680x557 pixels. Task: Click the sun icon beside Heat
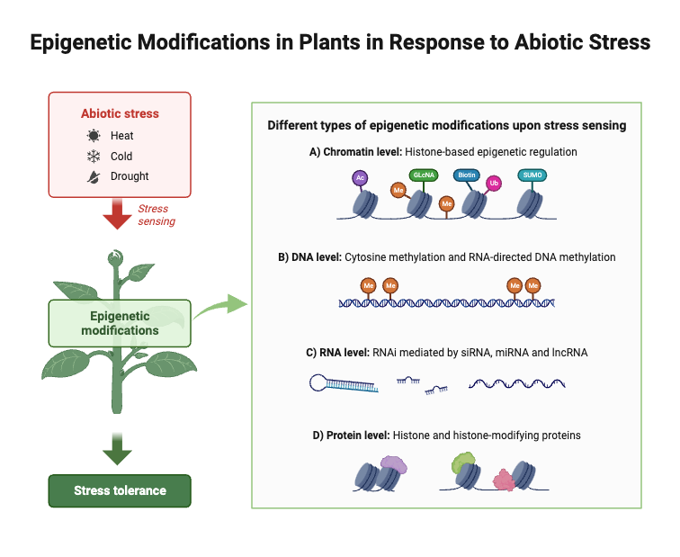(x=93, y=136)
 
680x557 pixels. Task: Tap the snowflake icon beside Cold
(x=93, y=157)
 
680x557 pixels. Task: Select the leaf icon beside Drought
(x=93, y=176)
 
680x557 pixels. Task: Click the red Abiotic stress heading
(x=120, y=114)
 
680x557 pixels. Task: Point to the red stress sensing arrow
(x=119, y=214)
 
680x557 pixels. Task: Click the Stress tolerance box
(x=120, y=490)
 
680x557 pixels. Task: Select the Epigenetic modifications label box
(x=120, y=323)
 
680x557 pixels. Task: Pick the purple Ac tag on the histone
(x=360, y=178)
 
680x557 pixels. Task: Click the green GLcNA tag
(x=424, y=175)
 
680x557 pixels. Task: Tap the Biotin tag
(x=466, y=175)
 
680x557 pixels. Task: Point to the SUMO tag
(x=532, y=175)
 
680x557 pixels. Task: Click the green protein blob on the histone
(x=462, y=464)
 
